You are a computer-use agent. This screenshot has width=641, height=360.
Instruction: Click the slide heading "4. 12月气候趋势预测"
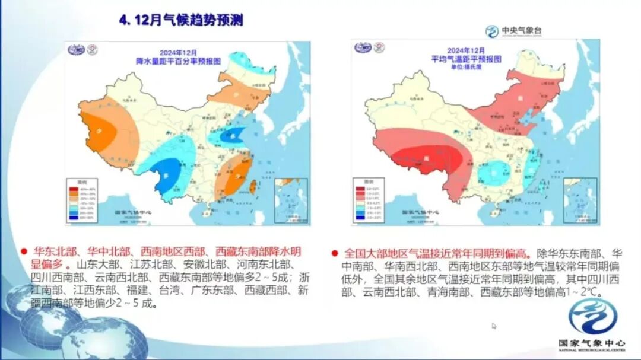tap(182, 20)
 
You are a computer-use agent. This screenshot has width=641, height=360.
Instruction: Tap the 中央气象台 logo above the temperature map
tap(513, 31)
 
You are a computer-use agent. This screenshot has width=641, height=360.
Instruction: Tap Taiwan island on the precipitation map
tap(253, 186)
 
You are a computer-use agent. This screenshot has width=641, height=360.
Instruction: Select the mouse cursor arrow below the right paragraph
tap(494, 325)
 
